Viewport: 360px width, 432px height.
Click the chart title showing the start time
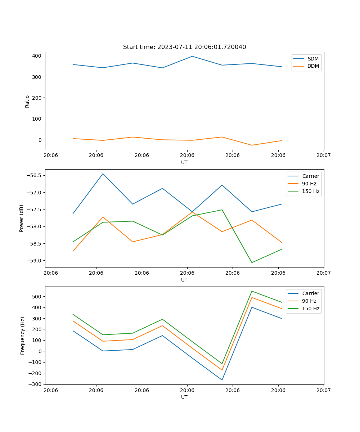[184, 47]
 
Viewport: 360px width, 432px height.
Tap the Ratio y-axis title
[27, 101]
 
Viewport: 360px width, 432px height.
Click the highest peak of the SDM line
[192, 56]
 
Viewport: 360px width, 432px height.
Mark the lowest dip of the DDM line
[252, 145]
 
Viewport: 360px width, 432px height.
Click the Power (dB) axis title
[22, 218]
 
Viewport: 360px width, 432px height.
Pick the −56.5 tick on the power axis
[33, 175]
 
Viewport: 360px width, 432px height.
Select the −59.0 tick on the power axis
[33, 261]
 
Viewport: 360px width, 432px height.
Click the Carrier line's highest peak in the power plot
[103, 174]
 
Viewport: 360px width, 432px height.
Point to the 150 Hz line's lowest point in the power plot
[252, 262]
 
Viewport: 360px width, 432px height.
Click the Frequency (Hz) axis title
[22, 336]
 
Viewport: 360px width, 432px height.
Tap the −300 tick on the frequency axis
[35, 384]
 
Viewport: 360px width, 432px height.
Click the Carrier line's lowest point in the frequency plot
[222, 380]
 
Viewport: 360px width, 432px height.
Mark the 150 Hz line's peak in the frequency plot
[252, 291]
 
